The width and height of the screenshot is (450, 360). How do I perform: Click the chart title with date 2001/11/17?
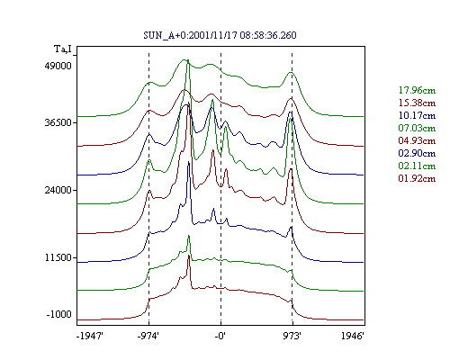(220, 35)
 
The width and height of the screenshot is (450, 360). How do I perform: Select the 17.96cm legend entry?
(417, 90)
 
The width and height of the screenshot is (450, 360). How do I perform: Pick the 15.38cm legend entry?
(417, 103)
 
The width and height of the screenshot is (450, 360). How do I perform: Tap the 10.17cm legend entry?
(417, 115)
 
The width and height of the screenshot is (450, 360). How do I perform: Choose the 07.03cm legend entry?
(417, 128)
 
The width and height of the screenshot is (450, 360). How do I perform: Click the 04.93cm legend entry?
(417, 140)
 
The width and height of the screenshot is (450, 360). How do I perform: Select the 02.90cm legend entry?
(417, 153)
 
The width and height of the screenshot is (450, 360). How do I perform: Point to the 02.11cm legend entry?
(417, 166)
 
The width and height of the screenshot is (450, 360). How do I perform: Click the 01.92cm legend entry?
(417, 178)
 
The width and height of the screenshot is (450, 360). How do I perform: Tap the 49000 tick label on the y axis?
(58, 66)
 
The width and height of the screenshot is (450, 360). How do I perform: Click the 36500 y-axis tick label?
(58, 122)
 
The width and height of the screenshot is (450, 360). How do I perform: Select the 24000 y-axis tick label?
(58, 190)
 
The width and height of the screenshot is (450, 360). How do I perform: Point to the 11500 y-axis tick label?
(58, 257)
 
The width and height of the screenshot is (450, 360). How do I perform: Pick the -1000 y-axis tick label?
(59, 314)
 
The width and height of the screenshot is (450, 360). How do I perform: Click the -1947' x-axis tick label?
(90, 336)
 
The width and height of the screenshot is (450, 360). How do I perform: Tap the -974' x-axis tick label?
(148, 336)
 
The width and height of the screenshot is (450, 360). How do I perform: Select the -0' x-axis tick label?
(220, 336)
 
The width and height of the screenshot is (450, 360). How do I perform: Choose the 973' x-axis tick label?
(292, 336)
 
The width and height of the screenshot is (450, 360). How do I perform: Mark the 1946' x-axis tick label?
(353, 336)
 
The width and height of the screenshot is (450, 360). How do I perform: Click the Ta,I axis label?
(63, 49)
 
